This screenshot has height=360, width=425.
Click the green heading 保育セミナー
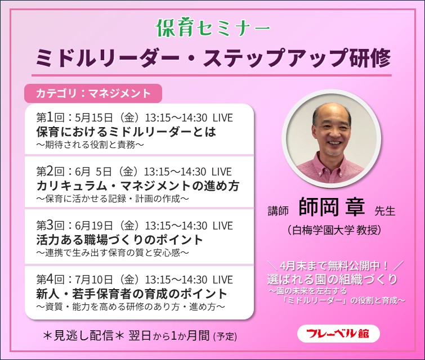pyautogui.click(x=212, y=27)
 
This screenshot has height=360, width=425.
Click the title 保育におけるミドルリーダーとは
pyautogui.click(x=126, y=132)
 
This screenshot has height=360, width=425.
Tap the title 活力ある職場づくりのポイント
pyautogui.click(x=119, y=240)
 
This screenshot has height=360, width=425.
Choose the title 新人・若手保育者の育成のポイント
pyautogui.click(x=132, y=294)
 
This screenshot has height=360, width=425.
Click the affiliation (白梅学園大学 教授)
pyautogui.click(x=334, y=229)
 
